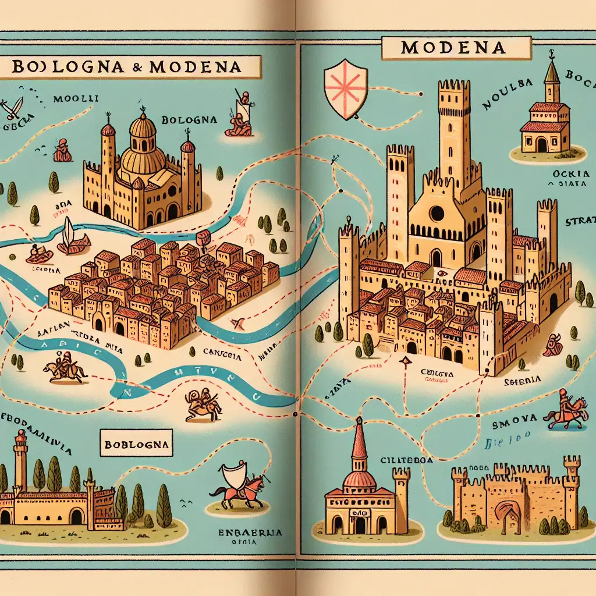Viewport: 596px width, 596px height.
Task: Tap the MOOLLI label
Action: click(75, 99)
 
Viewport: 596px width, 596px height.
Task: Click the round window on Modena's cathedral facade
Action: click(437, 214)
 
